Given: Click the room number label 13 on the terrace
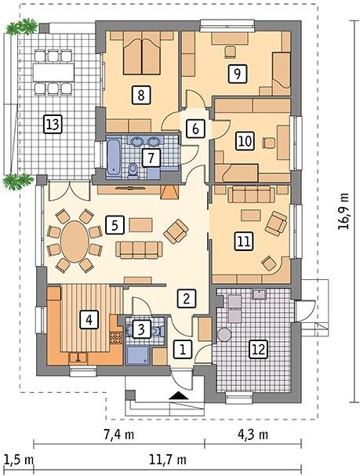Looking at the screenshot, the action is click(53, 124).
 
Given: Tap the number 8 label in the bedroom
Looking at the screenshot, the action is click(141, 95).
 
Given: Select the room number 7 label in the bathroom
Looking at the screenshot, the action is click(151, 158).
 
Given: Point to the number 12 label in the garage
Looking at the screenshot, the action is click(258, 349).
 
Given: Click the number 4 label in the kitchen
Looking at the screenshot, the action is click(89, 319).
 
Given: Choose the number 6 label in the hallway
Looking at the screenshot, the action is click(195, 129).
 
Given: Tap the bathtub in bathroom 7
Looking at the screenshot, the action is click(114, 158).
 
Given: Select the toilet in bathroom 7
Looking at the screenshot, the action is click(133, 171).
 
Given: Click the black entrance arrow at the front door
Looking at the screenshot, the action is click(179, 395).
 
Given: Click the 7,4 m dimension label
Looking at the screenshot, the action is click(119, 434).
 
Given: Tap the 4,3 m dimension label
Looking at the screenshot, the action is click(253, 434).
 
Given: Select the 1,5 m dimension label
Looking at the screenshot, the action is click(19, 460).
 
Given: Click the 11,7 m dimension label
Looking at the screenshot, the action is click(168, 460).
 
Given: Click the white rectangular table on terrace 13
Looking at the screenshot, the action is click(53, 72).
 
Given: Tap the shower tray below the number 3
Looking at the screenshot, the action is click(138, 356).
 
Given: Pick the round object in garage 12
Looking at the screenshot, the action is click(224, 335).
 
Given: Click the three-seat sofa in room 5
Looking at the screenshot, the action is click(139, 250).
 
